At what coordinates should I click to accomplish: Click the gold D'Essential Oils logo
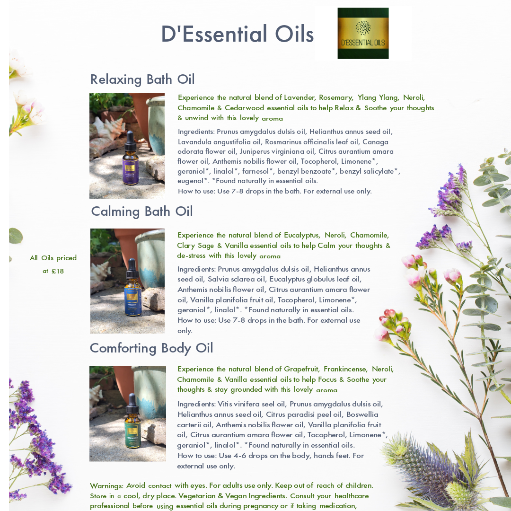(x=363, y=33)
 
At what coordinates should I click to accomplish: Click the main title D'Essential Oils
(x=237, y=34)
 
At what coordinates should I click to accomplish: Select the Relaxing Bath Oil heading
(x=142, y=79)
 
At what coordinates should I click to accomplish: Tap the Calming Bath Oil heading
(x=142, y=211)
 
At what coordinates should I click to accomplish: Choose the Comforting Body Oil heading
(x=151, y=348)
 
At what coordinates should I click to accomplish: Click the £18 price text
(x=58, y=271)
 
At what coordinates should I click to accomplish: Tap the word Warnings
(x=106, y=485)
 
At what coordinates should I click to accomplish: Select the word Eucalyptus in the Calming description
(x=302, y=235)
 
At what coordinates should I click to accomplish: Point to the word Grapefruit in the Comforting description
(x=301, y=369)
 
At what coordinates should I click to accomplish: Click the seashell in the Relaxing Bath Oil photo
(x=108, y=128)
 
